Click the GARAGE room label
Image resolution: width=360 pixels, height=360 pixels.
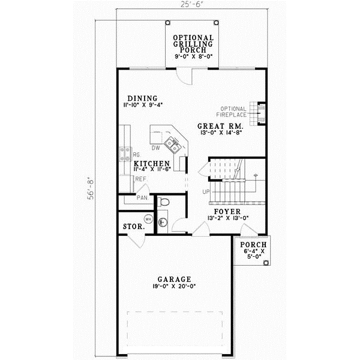tap(175, 279)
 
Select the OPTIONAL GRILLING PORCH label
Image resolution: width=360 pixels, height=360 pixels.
tap(193, 43)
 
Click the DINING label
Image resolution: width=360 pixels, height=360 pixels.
tap(142, 98)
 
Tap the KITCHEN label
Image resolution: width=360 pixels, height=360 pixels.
tap(151, 163)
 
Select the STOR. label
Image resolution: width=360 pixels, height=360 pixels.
tap(131, 227)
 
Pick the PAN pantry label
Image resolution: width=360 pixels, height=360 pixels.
tap(142, 197)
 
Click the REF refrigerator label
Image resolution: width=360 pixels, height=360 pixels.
tap(140, 179)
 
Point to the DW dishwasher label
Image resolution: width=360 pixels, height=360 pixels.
tap(155, 148)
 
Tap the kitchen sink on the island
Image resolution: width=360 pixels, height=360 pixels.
tap(172, 143)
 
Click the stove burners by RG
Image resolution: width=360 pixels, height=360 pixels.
tap(126, 155)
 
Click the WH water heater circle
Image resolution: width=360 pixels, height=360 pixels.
tap(149, 219)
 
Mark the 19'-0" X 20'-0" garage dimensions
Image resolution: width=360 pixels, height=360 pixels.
tap(175, 287)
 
